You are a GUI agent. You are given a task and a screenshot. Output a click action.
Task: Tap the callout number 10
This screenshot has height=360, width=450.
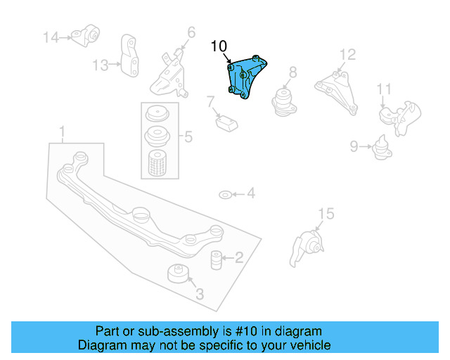coord(219,46)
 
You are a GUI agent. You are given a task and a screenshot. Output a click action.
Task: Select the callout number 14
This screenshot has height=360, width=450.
coord(51,37)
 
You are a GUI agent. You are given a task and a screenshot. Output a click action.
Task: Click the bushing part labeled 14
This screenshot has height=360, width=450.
coord(90,34)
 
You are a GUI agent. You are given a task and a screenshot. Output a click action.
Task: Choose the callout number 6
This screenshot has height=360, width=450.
coord(191,32)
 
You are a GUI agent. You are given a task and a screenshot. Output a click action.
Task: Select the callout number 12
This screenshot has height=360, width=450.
coord(348,55)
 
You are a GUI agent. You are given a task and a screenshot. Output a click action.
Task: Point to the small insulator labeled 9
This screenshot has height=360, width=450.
coord(382,148)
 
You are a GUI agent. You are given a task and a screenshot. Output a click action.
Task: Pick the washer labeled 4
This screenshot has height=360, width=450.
coord(224,194)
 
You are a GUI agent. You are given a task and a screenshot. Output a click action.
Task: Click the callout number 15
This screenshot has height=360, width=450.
coord(325,214)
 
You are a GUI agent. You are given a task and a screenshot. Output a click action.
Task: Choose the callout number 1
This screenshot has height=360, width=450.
coord(62,131)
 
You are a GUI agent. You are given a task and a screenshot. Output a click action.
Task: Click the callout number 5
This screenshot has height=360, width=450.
coord(188,136)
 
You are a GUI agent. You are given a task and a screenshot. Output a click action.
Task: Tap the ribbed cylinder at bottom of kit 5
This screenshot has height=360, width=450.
coord(157,163)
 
